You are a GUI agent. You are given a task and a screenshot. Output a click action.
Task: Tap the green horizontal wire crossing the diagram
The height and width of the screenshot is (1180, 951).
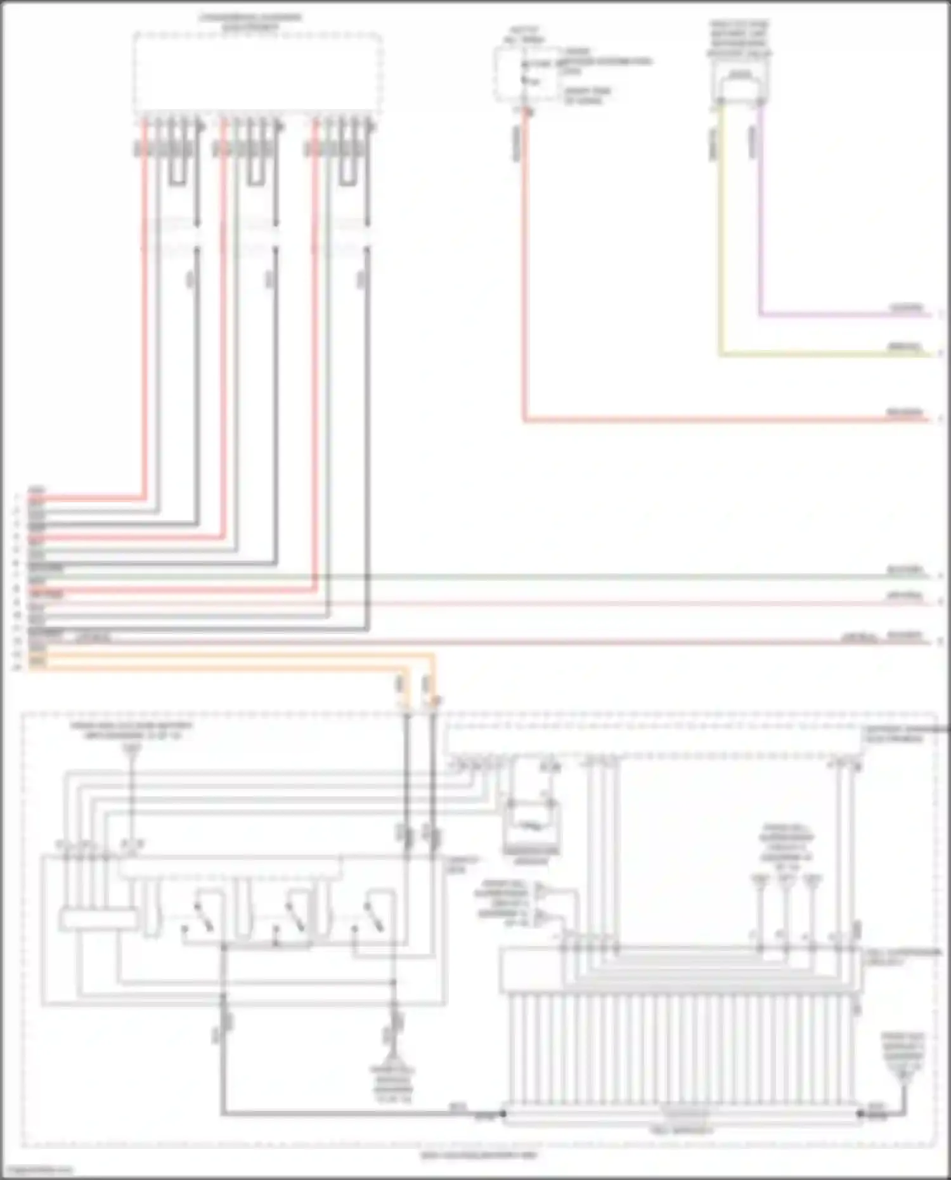[571, 576]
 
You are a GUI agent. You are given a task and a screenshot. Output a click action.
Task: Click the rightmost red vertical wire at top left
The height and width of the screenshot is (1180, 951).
[314, 349]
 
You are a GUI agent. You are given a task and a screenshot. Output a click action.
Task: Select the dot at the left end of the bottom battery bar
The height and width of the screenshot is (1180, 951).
[504, 1113]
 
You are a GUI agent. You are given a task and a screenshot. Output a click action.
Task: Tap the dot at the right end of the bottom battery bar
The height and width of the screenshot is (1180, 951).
[860, 1113]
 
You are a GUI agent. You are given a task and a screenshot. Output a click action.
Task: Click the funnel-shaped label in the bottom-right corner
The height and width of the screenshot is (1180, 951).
[903, 1056]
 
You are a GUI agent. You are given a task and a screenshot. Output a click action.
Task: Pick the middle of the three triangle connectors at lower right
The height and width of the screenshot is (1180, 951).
[786, 881]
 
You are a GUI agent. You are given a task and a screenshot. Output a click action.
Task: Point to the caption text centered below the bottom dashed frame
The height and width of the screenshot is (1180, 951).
[479, 1155]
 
